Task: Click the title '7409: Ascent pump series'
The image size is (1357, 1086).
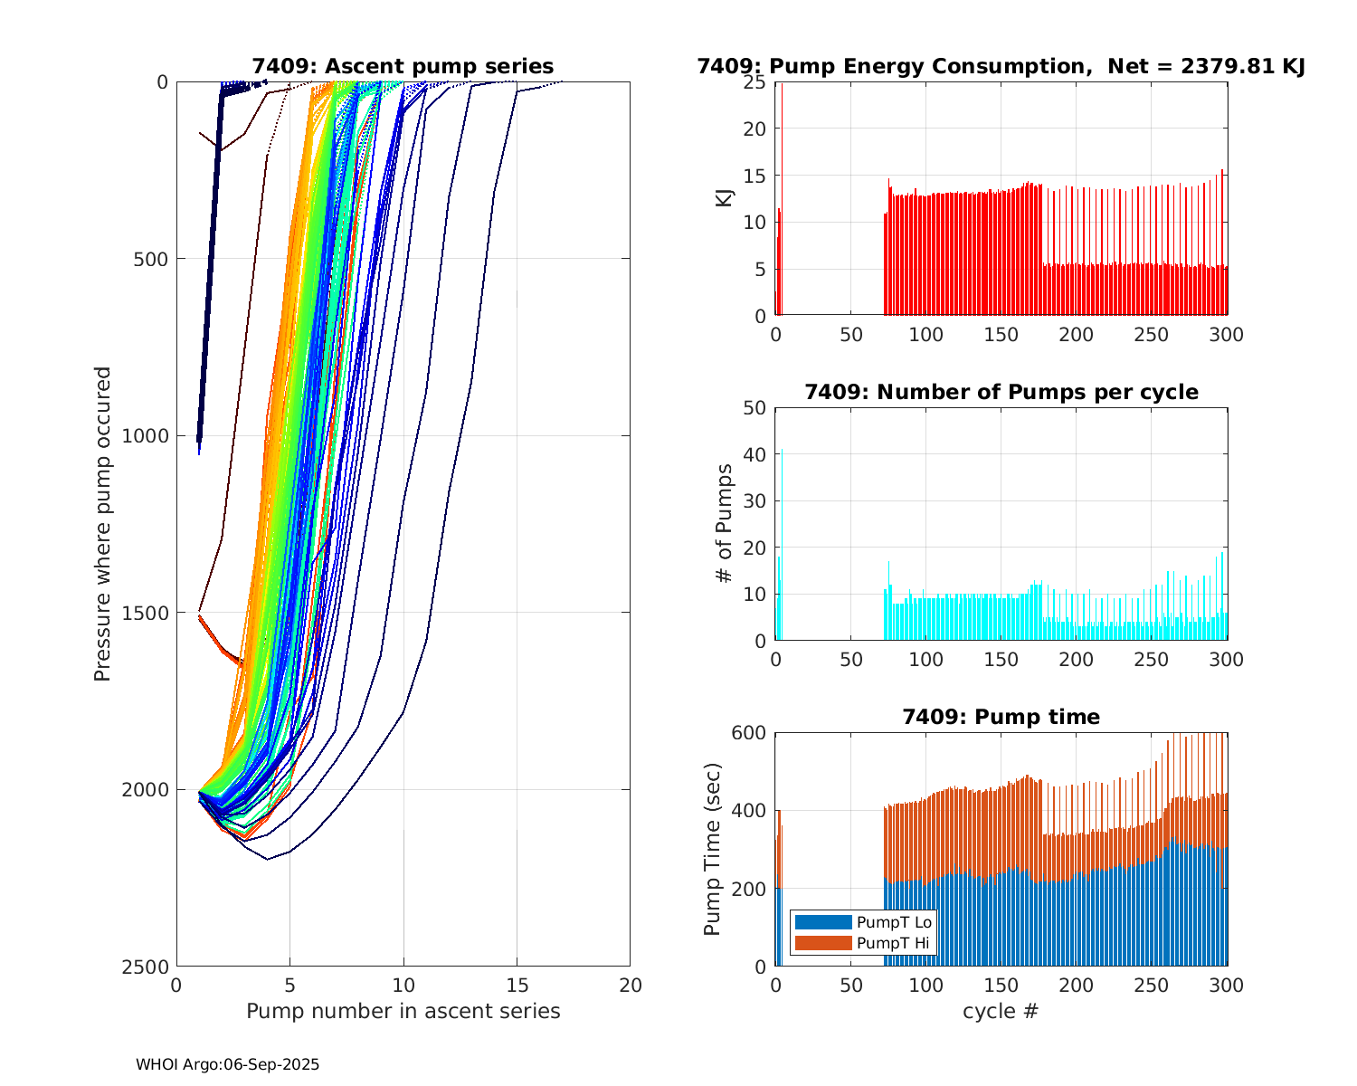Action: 403,66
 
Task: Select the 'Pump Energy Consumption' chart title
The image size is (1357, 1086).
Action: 1001,66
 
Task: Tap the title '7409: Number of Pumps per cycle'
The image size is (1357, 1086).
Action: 1001,392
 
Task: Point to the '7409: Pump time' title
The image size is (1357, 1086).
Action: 1001,717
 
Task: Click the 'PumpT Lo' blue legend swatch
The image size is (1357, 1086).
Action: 822,922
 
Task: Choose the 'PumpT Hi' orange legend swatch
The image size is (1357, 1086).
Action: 822,943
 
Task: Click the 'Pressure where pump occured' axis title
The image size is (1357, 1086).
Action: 102,524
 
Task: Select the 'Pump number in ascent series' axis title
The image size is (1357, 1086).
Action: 403,1011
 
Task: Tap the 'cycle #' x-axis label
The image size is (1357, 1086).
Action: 1001,1011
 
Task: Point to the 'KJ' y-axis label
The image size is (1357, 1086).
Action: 725,197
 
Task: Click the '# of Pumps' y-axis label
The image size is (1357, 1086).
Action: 725,523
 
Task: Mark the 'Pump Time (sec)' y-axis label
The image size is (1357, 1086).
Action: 713,849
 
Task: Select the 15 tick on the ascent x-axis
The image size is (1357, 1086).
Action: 517,985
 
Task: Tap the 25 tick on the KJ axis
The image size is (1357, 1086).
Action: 754,82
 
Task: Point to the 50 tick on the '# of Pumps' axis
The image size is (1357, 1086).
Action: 754,407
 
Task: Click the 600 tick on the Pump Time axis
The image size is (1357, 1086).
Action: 748,733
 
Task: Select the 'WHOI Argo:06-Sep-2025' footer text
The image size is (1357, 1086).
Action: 227,1064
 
